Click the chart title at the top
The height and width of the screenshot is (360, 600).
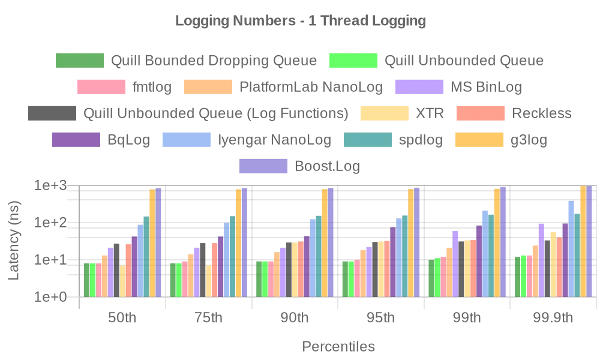coord(300,22)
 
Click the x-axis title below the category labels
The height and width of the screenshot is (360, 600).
coord(340,347)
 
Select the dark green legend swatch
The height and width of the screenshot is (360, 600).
coord(78,61)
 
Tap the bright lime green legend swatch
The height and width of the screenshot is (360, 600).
coord(353,61)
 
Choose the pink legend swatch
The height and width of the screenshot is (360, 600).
coord(101,87)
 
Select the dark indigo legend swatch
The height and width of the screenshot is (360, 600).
coord(75,140)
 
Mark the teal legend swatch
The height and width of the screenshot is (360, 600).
coord(367,140)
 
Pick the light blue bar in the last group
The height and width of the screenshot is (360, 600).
coord(571,248)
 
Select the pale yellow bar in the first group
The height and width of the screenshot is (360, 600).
coord(122,280)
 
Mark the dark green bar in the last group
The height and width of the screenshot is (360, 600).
coord(517,275)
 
